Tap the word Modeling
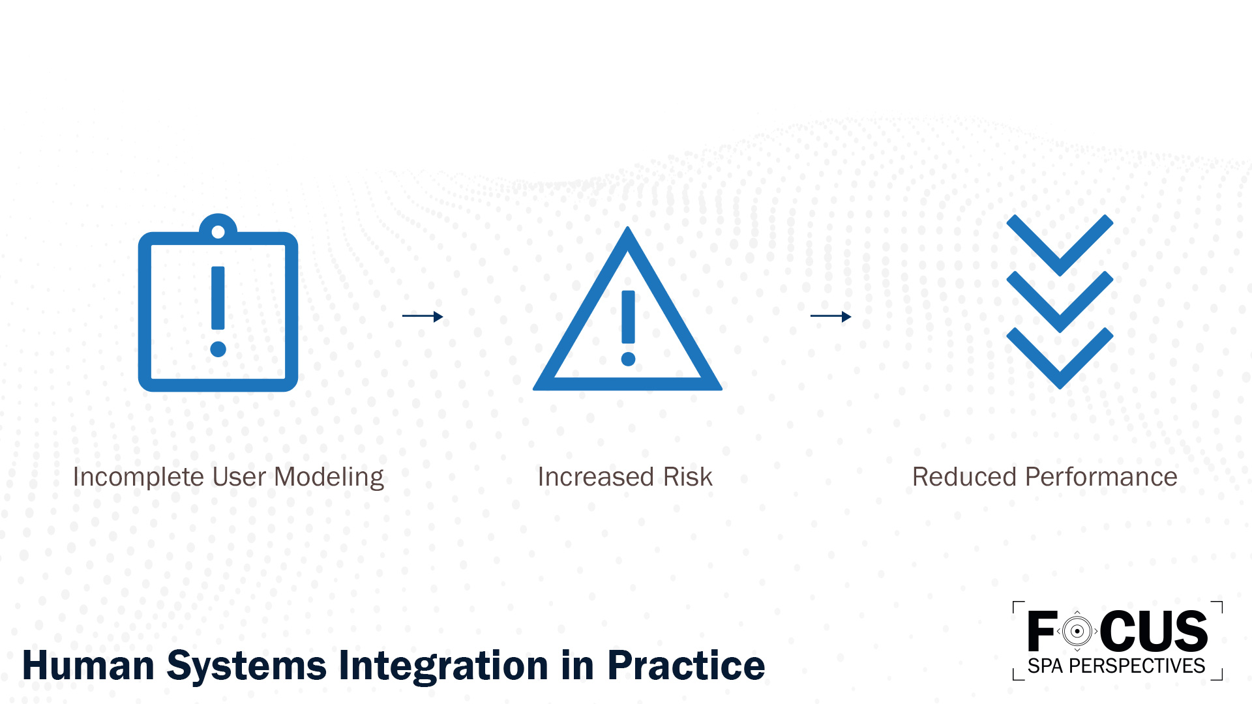[x=329, y=477]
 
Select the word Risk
[x=687, y=477]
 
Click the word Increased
[x=595, y=477]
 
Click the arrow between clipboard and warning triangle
[x=423, y=316]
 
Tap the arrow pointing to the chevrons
[x=831, y=316]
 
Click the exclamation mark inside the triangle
[x=628, y=326]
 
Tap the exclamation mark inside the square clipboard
[x=218, y=310]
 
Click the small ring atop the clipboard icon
[x=218, y=231]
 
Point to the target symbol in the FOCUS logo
[x=1077, y=631]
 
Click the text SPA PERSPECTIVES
[x=1116, y=666]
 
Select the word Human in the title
[x=88, y=666]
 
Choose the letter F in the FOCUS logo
[x=1041, y=631]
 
